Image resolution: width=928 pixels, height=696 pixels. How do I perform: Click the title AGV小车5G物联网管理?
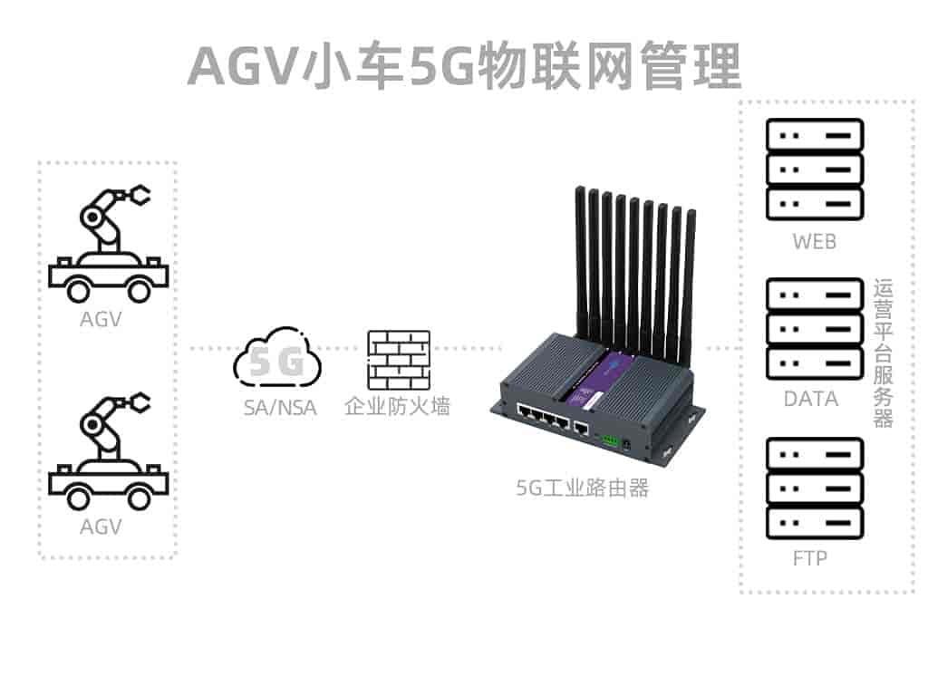coord(464,65)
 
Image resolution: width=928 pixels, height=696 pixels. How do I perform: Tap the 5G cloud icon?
coord(277,361)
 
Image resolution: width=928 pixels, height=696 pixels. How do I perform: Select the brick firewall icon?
coord(398,360)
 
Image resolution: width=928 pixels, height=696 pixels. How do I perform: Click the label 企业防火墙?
coord(397,407)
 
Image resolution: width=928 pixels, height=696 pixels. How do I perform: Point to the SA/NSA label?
coord(280,408)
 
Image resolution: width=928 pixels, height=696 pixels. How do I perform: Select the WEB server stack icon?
coord(814,169)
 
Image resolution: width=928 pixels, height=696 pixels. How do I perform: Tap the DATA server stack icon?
coord(814,329)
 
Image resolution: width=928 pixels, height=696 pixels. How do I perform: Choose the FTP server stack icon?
coord(814,488)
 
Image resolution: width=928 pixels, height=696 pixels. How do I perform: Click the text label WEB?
coord(814,242)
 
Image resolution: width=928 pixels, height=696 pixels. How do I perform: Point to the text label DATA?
coord(811,399)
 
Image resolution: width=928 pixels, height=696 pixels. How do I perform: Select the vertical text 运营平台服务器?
coord(884,353)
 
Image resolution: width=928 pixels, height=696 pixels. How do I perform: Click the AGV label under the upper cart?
coord(101,319)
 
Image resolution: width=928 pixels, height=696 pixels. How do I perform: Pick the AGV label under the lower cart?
coord(101,526)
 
